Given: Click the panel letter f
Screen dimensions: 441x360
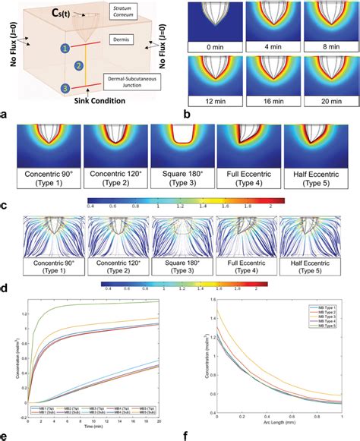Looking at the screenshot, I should point(204,436).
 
